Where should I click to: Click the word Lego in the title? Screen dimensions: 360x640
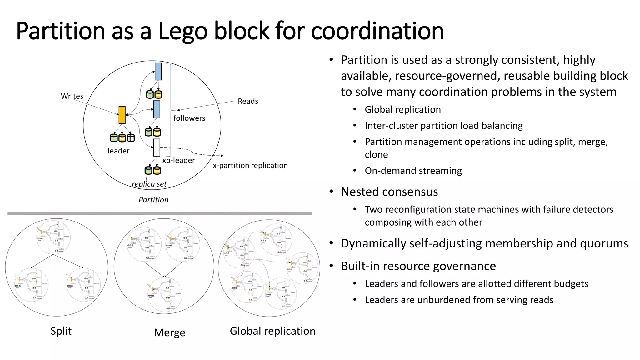(183, 31)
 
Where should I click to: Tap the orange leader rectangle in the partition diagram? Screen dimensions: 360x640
(122, 115)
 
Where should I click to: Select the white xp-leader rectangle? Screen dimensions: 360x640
(157, 147)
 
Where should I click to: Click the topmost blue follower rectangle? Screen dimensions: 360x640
(158, 71)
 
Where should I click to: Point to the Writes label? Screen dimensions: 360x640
(72, 96)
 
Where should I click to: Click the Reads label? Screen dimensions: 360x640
(248, 101)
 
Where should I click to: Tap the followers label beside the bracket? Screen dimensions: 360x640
(189, 118)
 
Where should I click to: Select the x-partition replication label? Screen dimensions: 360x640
(250, 165)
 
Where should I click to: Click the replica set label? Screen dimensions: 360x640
(149, 184)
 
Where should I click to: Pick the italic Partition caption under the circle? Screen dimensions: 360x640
(153, 200)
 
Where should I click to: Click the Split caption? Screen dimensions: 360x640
(61, 331)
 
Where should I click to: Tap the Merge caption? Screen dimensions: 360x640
(169, 332)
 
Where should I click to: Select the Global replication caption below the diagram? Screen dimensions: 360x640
(272, 331)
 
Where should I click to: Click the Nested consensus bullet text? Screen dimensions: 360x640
(389, 192)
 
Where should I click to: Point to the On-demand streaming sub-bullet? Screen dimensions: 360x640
(413, 171)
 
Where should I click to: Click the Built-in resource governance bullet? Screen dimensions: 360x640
(418, 266)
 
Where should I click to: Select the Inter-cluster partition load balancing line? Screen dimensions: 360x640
(443, 126)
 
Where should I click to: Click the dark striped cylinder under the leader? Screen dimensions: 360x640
(131, 138)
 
